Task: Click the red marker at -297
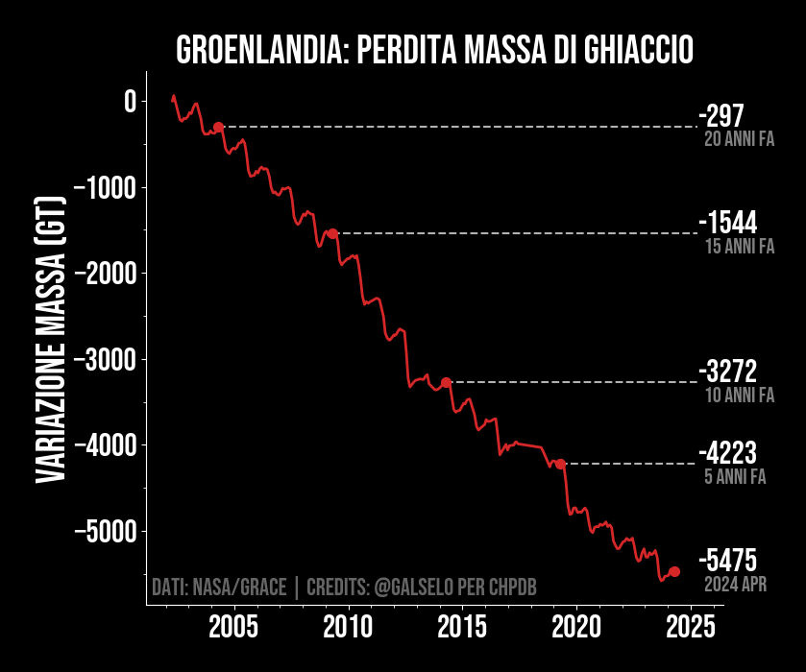pos(218,127)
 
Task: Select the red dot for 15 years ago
pos(332,233)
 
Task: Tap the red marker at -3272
pos(446,382)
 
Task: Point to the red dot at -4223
pos(560,464)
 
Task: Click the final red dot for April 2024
pos(674,571)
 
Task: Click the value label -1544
pos(727,224)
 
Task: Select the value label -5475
pos(727,561)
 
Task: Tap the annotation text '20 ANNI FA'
pos(739,139)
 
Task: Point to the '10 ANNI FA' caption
pos(739,395)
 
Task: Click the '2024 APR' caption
pos(735,584)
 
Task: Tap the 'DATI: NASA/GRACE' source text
pos(219,587)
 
